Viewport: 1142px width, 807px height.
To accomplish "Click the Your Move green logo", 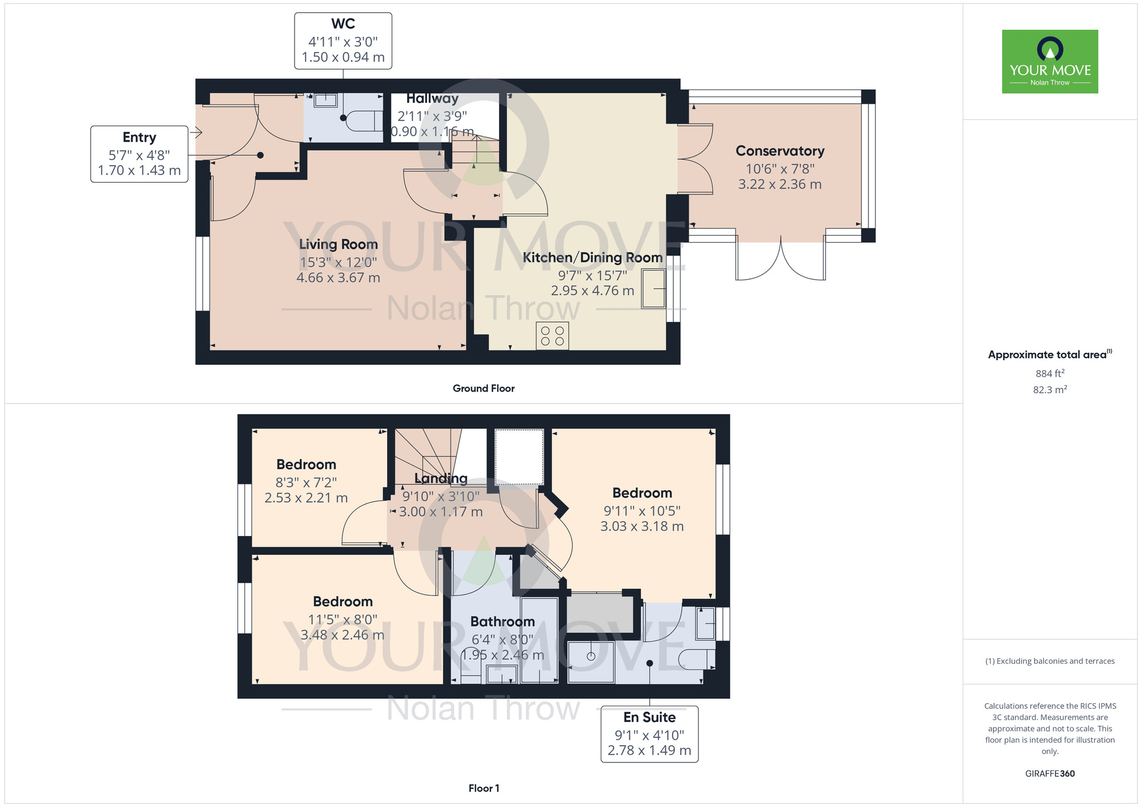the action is coord(1050,62).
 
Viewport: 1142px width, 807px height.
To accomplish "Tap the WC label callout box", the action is coord(343,41).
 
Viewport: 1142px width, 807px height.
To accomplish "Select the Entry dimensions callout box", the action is coord(139,154).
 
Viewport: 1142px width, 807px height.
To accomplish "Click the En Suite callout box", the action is coord(650,734).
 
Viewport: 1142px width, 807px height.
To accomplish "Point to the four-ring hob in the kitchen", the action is coord(552,336).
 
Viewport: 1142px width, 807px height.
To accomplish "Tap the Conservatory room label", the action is coord(780,151).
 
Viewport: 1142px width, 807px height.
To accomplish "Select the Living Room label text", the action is coord(339,245).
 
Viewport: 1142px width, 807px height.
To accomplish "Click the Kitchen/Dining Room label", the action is coord(593,258).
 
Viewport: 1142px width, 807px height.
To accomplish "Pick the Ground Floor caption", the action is coord(484,389).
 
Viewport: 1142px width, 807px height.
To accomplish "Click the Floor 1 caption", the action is coord(484,788).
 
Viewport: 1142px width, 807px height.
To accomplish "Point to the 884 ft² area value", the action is coord(1050,373).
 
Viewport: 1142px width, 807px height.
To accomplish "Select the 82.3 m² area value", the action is coord(1050,390).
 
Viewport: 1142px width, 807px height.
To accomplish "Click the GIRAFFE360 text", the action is coord(1050,774).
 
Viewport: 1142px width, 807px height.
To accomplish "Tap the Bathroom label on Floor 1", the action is coord(502,622).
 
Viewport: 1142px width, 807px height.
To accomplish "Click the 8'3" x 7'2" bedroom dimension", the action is coord(306,482).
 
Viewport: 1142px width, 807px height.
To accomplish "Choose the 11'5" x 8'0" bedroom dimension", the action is coord(343,619).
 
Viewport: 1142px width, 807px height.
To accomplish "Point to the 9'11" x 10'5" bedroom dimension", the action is coord(642,511).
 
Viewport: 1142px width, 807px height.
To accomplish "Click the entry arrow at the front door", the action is coord(196,133).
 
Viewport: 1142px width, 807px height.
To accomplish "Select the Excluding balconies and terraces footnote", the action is coord(1050,661).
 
